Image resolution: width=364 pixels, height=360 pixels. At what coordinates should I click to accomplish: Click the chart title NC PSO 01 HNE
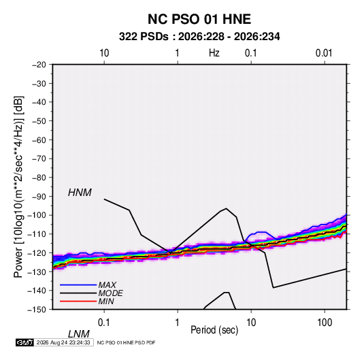tap(199, 19)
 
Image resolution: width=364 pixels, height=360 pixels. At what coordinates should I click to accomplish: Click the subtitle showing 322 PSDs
tap(199, 37)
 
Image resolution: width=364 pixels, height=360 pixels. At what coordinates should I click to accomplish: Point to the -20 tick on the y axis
tap(39, 65)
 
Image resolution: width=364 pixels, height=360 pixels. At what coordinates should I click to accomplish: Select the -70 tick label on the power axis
tap(39, 159)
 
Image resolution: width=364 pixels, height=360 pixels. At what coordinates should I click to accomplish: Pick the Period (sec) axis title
tap(214, 330)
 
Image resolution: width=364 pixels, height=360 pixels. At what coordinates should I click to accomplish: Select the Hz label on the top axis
tap(214, 53)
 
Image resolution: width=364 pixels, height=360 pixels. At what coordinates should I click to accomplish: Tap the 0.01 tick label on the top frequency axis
tap(324, 53)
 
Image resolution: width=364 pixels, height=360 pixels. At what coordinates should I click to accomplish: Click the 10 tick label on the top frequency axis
tap(104, 53)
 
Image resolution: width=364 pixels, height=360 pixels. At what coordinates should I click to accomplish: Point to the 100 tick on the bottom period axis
tap(325, 323)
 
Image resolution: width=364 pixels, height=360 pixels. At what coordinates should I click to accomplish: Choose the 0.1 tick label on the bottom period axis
tap(104, 323)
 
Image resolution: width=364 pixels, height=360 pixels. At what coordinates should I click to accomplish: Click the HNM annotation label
tap(80, 193)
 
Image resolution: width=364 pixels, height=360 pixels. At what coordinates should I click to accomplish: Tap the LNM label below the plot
tap(78, 334)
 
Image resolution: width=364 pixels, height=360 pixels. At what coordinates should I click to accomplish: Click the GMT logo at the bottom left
tap(24, 342)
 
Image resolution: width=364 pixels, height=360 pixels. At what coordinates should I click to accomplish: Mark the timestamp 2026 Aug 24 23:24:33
tap(63, 342)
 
